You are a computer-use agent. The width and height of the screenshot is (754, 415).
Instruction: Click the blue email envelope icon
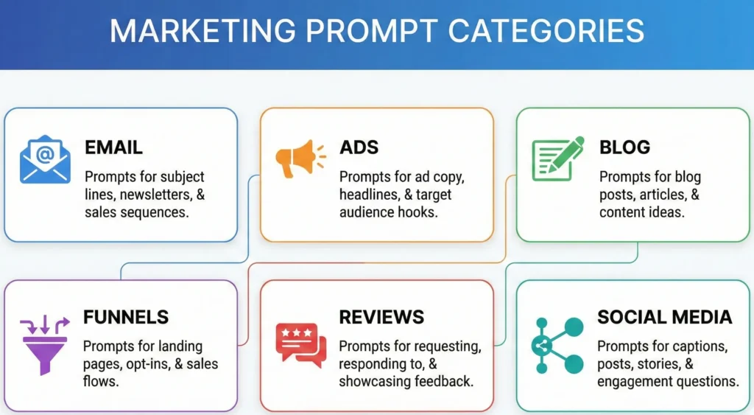point(45,158)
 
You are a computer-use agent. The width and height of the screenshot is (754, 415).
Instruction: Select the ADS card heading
point(360,147)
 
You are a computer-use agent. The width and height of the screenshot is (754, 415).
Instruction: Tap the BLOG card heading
point(624,147)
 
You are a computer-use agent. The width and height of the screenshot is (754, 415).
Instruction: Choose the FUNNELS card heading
point(126,318)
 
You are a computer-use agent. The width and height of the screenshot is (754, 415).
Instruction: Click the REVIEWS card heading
point(381,318)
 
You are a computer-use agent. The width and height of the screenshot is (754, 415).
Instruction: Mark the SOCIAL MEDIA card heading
point(664,318)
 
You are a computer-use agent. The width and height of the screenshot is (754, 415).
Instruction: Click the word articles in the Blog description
point(660,195)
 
